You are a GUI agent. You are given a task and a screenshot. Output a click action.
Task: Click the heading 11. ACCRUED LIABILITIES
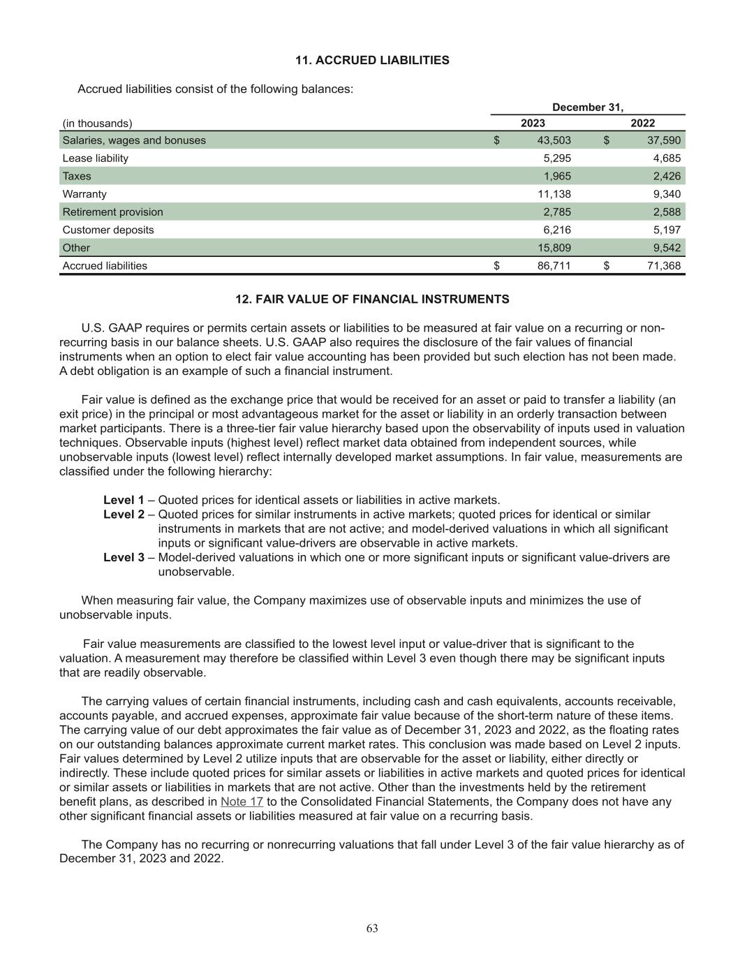(372, 61)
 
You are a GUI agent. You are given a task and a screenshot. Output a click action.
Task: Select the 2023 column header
(533, 124)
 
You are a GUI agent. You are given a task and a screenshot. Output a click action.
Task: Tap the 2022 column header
(642, 124)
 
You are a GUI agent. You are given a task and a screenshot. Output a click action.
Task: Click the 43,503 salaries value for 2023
(554, 140)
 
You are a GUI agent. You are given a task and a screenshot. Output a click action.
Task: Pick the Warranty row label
(84, 194)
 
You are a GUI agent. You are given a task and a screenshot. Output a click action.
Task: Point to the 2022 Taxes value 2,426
(666, 176)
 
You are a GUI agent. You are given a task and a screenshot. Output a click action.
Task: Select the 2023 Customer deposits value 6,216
(556, 230)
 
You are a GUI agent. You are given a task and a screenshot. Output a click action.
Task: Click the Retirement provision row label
(112, 212)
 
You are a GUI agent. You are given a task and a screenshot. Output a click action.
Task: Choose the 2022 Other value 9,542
(666, 248)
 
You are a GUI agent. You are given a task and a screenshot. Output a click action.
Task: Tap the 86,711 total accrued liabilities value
(554, 266)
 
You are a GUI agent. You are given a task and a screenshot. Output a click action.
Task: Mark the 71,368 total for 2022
(663, 266)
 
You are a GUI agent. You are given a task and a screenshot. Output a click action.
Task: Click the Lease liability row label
(96, 158)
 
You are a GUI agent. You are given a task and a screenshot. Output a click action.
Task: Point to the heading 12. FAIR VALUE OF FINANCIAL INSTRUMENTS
(372, 300)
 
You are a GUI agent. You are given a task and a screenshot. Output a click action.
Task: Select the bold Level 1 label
(124, 500)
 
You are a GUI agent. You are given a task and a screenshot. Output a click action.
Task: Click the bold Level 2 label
(124, 515)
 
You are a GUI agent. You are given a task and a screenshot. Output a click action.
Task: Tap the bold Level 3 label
(124, 557)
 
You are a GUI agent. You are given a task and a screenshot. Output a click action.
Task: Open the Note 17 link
(242, 801)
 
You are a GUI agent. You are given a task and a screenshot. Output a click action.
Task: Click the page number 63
(372, 928)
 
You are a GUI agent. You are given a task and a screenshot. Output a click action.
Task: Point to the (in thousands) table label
(97, 124)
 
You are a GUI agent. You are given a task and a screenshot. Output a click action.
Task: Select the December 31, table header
(587, 108)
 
